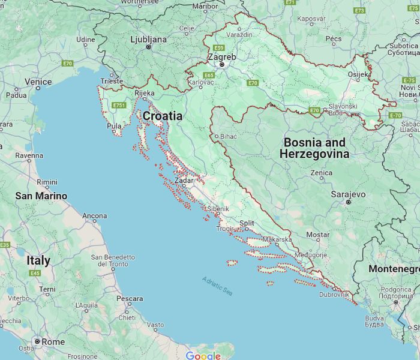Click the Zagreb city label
click(221, 56)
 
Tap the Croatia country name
click(162, 116)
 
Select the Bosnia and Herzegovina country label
click(314, 148)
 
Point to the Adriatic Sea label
click(217, 285)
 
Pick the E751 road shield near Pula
click(118, 106)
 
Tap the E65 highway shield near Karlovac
click(209, 76)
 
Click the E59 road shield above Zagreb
click(218, 47)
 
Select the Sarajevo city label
click(348, 194)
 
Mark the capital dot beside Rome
click(37, 341)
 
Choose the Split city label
click(247, 223)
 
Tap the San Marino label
click(41, 196)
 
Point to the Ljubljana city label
click(148, 39)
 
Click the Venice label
click(38, 82)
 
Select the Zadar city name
click(184, 180)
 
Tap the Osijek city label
click(359, 74)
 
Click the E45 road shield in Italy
click(35, 273)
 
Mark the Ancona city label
click(94, 215)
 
